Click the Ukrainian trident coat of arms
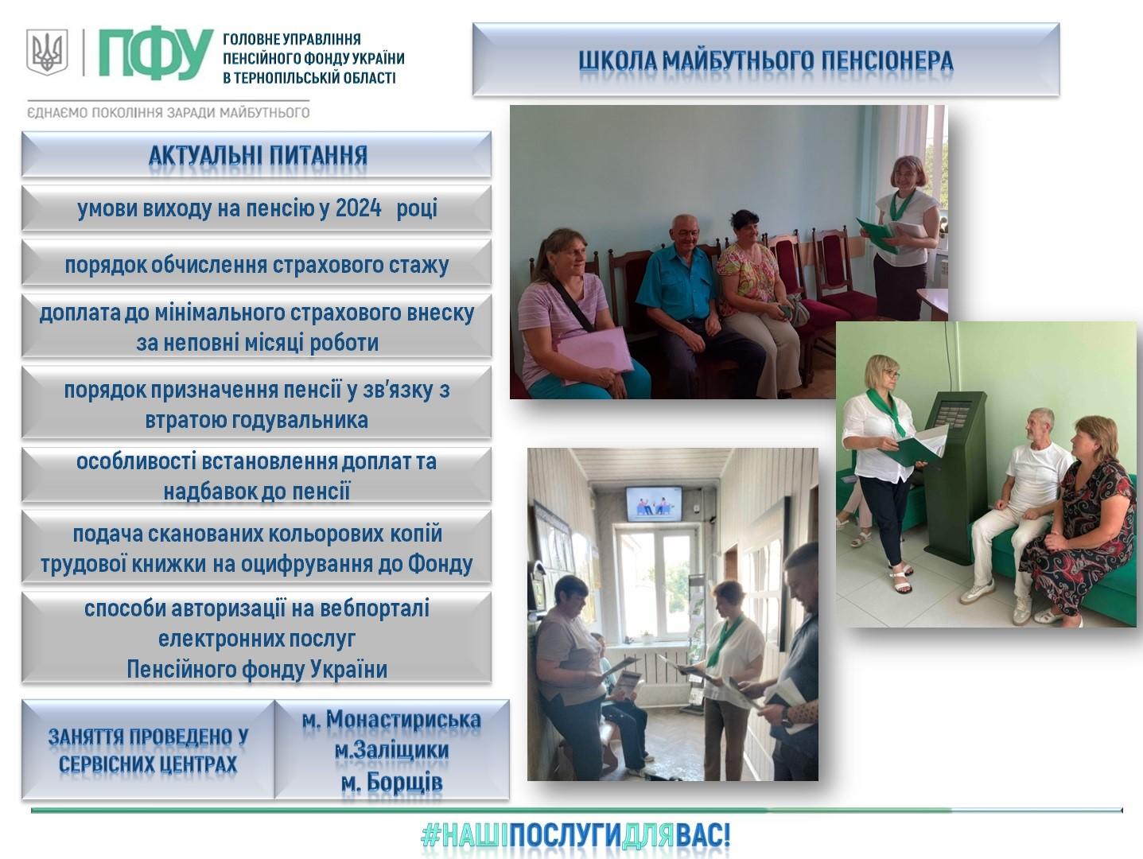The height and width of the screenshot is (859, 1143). click(48, 52)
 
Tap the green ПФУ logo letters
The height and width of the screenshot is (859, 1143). click(156, 55)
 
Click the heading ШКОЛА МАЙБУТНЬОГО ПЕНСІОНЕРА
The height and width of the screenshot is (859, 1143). click(765, 61)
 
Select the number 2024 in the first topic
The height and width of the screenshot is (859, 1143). click(358, 208)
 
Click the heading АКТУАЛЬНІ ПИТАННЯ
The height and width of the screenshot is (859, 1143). click(258, 155)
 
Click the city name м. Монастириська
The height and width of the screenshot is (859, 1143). click(391, 720)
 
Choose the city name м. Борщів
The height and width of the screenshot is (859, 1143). click(391, 782)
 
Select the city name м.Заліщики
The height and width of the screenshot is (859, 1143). click(391, 750)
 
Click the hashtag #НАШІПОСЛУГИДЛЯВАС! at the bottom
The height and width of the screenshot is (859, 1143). click(575, 836)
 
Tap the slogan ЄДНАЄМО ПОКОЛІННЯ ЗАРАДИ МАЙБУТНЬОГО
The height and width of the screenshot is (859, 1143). click(168, 112)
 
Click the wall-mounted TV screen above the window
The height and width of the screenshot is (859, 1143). click(654, 503)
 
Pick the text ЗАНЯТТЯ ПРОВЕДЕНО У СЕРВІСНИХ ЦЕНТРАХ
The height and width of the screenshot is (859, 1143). click(148, 750)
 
